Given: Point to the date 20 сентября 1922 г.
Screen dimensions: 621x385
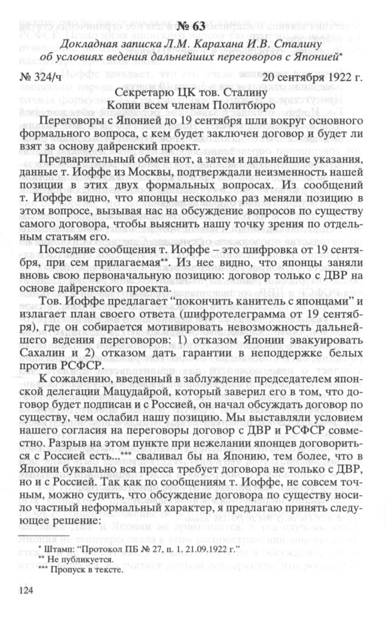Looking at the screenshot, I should [x=313, y=76].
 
